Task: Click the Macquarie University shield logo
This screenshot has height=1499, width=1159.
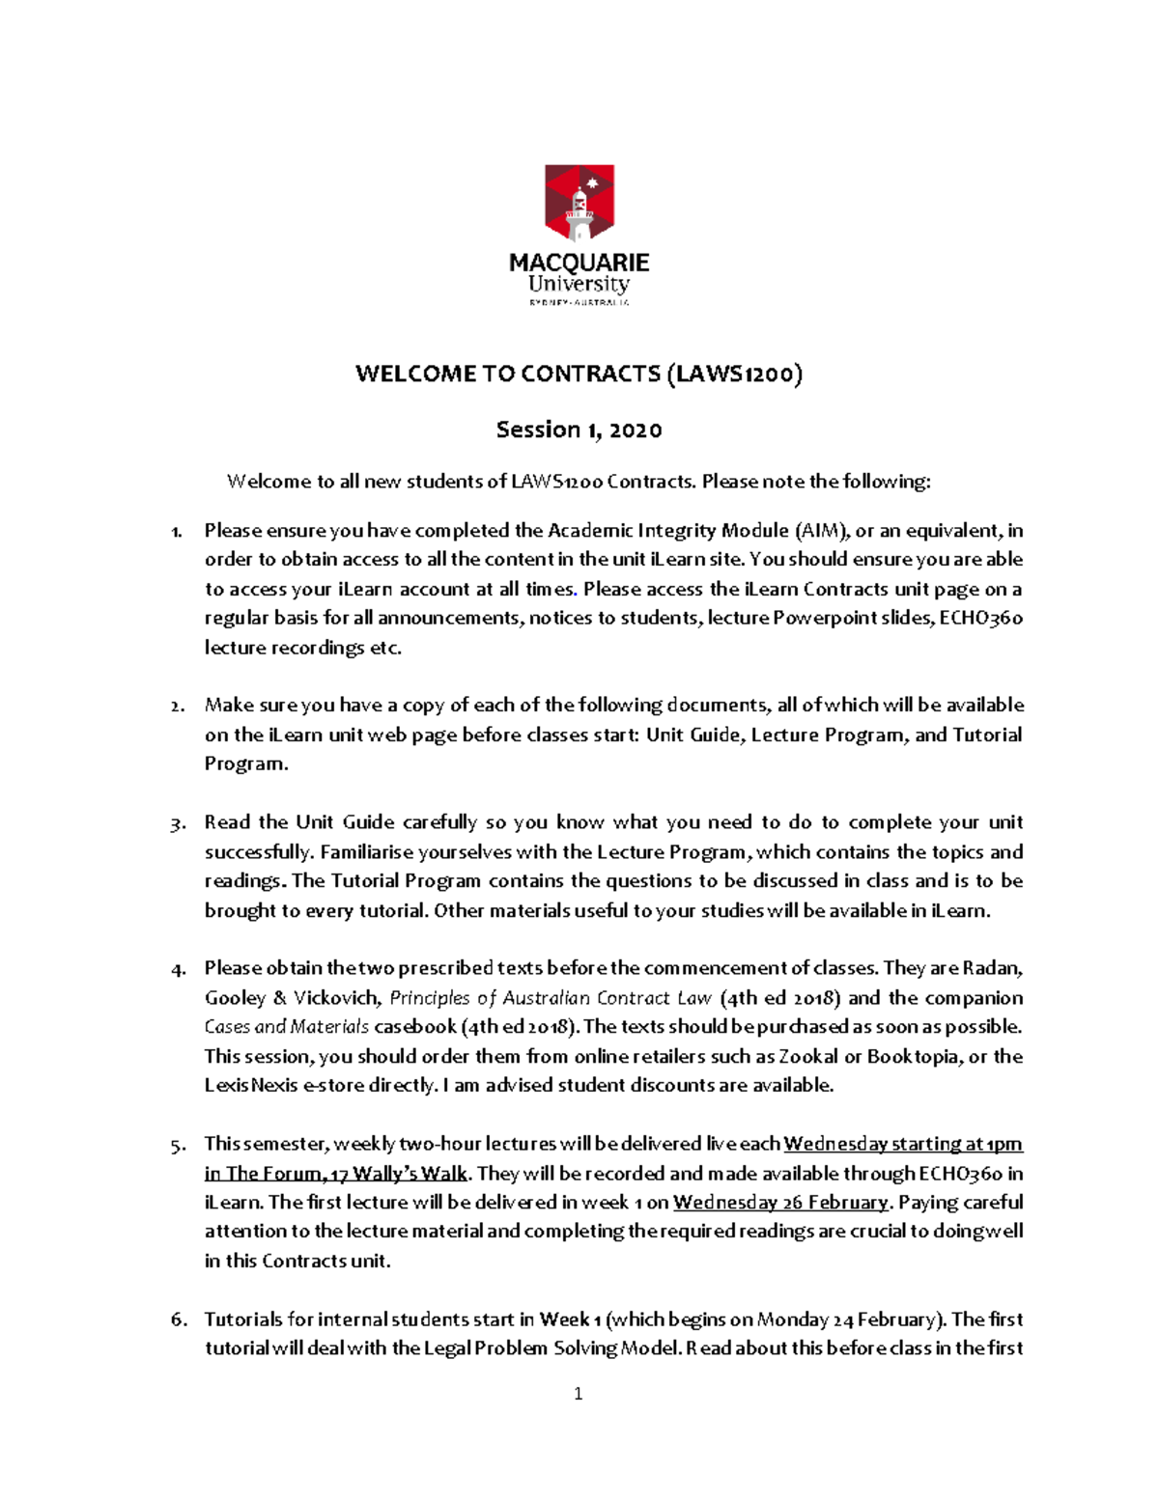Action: coord(579,204)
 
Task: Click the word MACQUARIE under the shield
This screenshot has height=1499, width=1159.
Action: coord(579,263)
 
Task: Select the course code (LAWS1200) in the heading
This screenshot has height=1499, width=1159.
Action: coord(734,374)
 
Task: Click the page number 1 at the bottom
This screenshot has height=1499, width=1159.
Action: coord(578,1393)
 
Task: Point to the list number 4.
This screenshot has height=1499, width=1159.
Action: coord(177,969)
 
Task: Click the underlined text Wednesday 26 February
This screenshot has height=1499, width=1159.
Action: coord(780,1202)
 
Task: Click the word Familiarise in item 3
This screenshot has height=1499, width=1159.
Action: coord(367,851)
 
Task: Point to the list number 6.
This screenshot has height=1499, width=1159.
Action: coord(178,1319)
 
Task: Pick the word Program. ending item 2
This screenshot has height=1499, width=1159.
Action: coord(245,763)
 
